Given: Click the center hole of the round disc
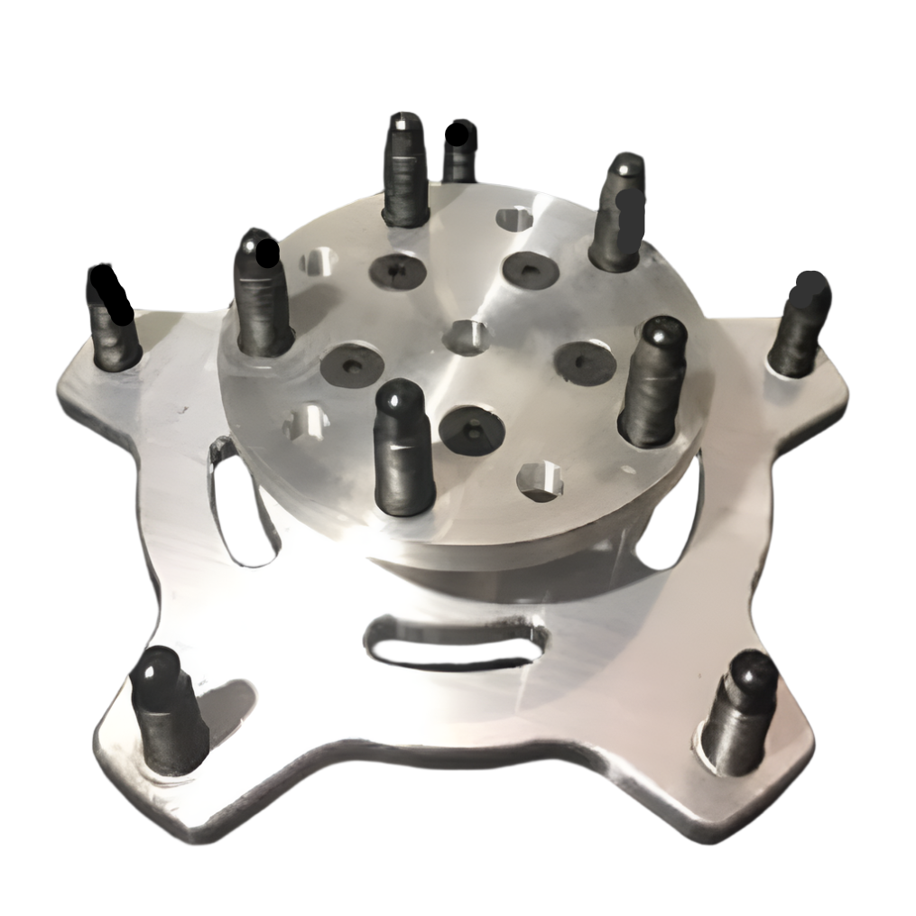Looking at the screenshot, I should coord(468,336).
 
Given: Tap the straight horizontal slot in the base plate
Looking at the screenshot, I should coord(458,642).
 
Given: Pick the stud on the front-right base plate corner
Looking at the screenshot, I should coord(740,714).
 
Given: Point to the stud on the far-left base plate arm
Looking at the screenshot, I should coord(113,319).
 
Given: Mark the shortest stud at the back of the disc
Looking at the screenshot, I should coord(460,152).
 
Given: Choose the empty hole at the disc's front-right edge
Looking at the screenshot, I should coord(540,480).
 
